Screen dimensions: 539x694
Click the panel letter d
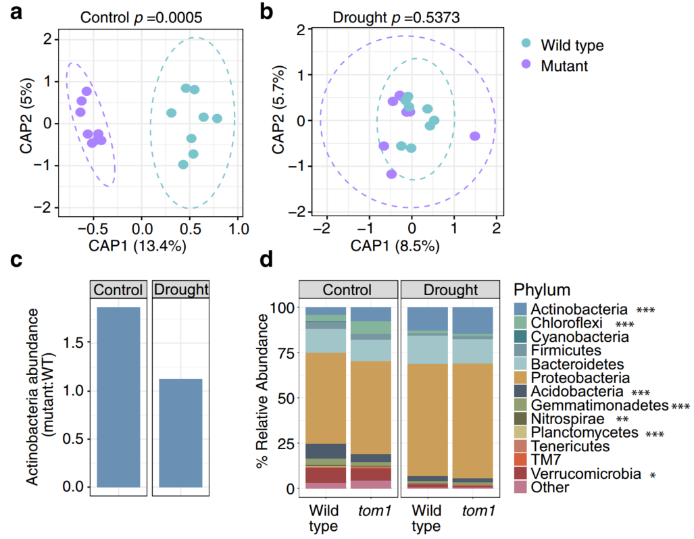coord(270,261)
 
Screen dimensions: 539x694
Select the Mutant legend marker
coord(527,65)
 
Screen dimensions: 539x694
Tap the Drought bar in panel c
coord(180,432)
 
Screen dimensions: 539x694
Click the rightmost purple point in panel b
coord(474,136)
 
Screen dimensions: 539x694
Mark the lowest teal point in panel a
coord(182,164)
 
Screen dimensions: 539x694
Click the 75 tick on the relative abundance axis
coord(288,353)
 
